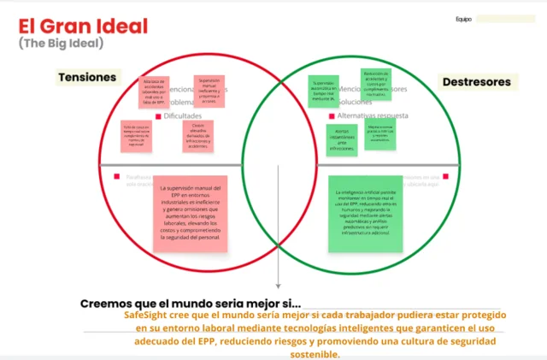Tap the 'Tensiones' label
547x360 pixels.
[x=87, y=77]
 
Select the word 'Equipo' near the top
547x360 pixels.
[x=463, y=18]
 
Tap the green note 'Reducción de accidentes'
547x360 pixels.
[x=376, y=84]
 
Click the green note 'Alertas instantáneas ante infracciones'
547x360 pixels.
[x=341, y=139]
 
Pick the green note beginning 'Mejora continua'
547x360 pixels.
[x=381, y=133]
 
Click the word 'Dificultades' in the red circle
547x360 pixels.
[x=185, y=115]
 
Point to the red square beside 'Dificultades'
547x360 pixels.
[x=159, y=115]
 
